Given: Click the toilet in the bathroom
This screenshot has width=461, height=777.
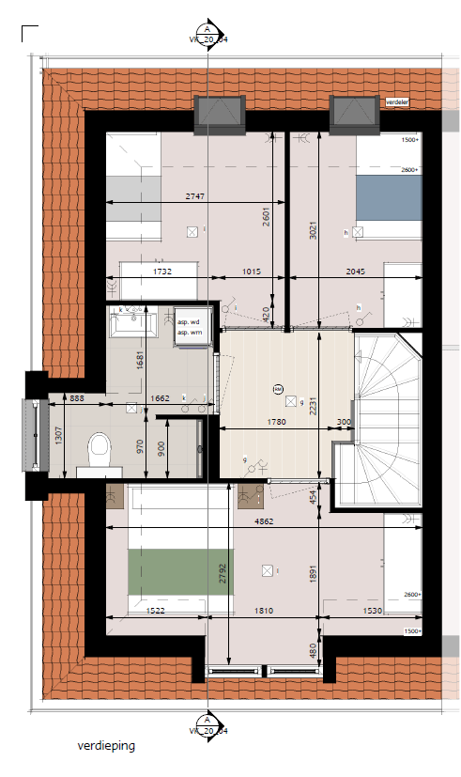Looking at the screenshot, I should [97, 450].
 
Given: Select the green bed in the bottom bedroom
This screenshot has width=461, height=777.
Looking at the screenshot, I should [178, 569].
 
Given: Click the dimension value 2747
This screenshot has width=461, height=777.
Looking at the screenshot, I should [194, 196].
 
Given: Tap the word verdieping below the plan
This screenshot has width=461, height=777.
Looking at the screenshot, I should [107, 746].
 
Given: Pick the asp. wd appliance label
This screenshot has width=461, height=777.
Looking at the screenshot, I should [189, 322].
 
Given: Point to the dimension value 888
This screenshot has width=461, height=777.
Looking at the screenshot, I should [76, 398].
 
